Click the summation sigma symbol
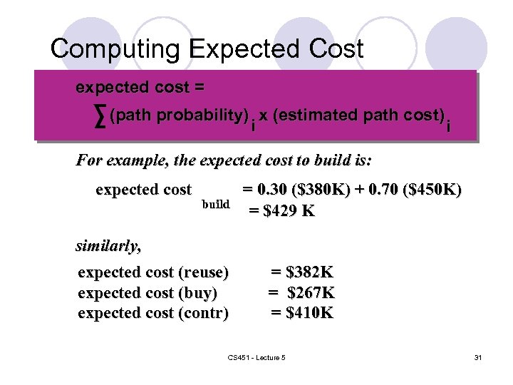[100, 115]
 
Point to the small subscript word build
[215, 205]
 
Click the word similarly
[108, 247]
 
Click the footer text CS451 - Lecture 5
[256, 356]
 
